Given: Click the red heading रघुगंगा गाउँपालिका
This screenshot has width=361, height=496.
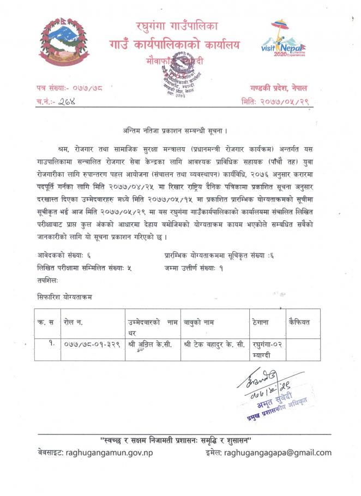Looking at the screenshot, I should (180, 25).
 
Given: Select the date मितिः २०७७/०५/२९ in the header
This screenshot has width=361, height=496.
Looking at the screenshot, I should (276, 101).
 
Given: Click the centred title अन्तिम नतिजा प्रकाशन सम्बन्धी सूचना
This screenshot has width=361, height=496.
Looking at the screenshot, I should (175, 131).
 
